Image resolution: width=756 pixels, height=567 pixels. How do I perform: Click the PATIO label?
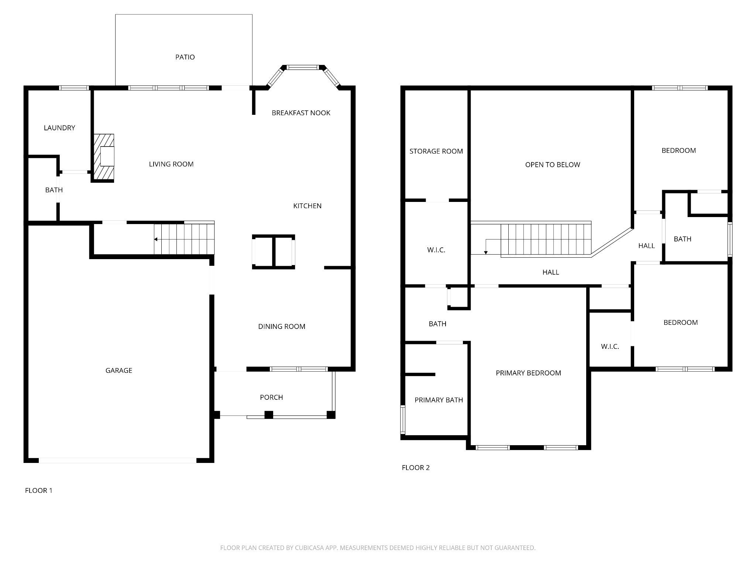point(185,57)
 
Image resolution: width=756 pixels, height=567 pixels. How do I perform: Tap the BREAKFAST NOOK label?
point(301,113)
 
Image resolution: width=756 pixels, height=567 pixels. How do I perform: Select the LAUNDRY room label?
point(59,128)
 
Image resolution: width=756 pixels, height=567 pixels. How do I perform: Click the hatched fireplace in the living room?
point(103,158)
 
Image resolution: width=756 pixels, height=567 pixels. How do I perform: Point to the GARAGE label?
point(119,371)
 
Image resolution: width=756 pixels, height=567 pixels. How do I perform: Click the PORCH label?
point(271,398)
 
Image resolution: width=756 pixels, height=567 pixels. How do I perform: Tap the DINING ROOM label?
point(282,327)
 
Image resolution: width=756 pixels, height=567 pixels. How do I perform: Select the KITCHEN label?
point(307,206)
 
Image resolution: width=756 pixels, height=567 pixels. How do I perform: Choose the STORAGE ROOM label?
point(436,151)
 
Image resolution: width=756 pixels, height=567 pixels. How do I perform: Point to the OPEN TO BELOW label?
point(553,165)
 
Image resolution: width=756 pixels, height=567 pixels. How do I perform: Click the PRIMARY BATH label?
point(439,400)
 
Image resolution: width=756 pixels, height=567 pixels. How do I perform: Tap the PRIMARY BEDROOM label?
point(528,373)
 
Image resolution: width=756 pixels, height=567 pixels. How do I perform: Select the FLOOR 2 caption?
point(416,468)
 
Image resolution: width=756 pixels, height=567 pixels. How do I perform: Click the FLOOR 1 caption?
point(39,491)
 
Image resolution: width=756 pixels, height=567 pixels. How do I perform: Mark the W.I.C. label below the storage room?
point(436,250)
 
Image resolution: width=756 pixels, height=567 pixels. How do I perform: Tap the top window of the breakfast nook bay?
point(303,68)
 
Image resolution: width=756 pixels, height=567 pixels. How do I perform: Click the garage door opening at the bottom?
point(118,460)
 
